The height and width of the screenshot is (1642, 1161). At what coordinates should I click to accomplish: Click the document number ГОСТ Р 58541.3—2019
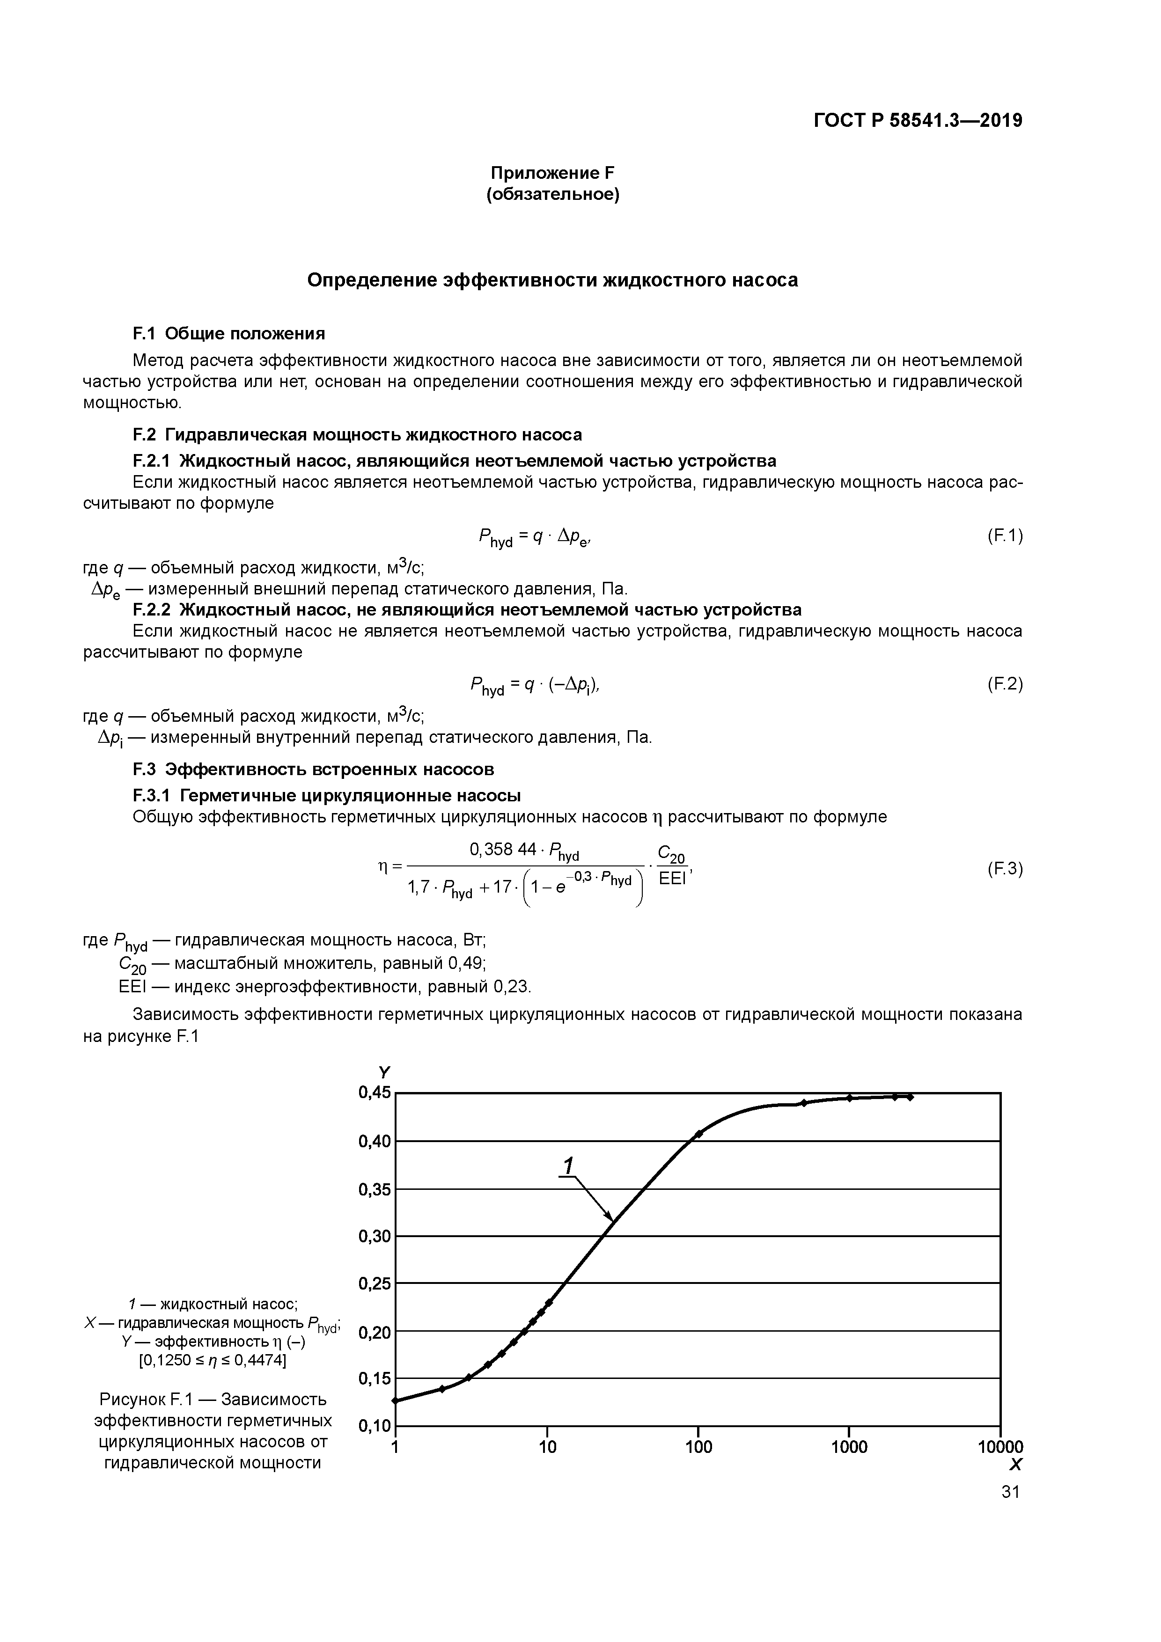pyautogui.click(x=918, y=121)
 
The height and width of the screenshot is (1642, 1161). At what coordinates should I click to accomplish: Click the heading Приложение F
pyautogui.click(x=552, y=173)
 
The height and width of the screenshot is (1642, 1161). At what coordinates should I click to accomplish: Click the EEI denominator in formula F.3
pyautogui.click(x=672, y=879)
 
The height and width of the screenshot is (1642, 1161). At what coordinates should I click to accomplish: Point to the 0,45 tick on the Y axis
pyautogui.click(x=375, y=1093)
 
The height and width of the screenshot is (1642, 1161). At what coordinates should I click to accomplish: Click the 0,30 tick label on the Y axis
pyautogui.click(x=375, y=1237)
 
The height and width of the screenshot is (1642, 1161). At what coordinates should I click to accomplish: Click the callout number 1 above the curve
pyautogui.click(x=568, y=1166)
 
